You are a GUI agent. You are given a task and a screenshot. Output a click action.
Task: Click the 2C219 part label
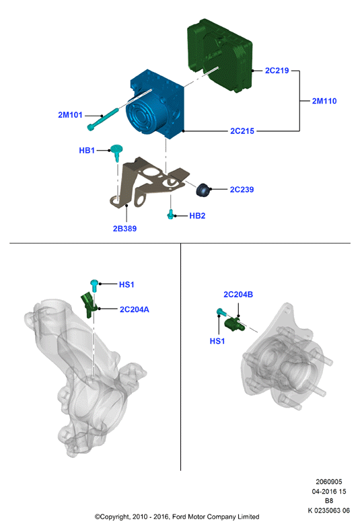tap(277, 71)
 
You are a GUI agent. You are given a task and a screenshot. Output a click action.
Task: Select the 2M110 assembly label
tap(324, 101)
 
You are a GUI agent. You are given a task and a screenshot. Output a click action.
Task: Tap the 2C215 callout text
tap(242, 130)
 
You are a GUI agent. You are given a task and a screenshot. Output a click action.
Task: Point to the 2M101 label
tap(70, 115)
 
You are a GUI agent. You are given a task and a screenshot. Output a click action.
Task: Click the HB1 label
tap(87, 151)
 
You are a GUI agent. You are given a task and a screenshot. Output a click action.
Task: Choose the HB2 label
tap(197, 216)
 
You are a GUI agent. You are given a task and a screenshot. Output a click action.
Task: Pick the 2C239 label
tap(242, 190)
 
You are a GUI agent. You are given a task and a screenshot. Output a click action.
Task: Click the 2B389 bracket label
tap(124, 229)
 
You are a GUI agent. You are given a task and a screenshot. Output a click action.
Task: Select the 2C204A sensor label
tap(134, 309)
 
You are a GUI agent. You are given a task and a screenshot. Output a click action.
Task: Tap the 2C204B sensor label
tap(238, 295)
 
